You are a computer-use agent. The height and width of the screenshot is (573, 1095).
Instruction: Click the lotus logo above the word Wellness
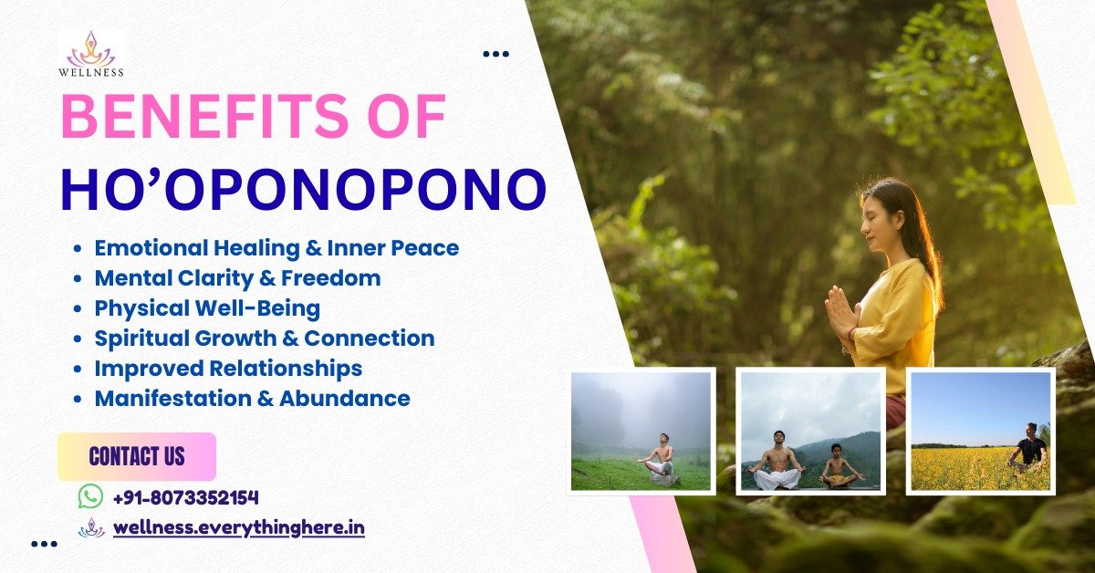click(91, 49)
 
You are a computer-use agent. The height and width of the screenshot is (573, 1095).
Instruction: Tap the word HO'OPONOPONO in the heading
click(304, 190)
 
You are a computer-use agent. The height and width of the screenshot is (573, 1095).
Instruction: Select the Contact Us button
click(137, 456)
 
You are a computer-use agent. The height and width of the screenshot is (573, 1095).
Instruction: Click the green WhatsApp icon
click(91, 496)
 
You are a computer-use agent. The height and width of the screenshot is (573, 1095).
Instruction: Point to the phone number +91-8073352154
click(186, 497)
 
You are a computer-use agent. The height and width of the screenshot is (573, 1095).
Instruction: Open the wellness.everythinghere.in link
click(239, 528)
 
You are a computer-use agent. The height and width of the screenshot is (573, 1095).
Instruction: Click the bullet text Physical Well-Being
click(207, 308)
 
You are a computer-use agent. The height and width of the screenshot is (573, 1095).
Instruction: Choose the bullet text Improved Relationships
click(228, 368)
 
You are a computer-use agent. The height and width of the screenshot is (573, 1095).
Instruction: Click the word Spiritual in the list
click(141, 339)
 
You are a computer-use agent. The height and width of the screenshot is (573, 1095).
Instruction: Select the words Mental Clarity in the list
click(173, 278)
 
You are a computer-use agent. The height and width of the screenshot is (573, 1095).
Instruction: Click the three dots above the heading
click(495, 54)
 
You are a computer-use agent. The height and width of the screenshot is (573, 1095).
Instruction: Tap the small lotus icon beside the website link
click(91, 528)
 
